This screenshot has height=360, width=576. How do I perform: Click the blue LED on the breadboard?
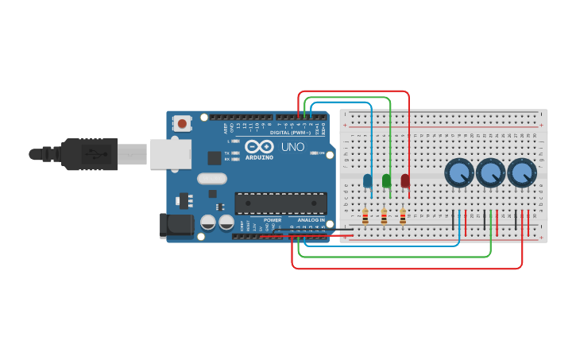point(367,180)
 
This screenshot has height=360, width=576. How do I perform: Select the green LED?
point(387,180)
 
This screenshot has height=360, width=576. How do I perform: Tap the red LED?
point(405,180)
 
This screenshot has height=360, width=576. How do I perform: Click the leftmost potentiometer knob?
point(459,172)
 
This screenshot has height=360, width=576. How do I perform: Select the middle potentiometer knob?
point(491,172)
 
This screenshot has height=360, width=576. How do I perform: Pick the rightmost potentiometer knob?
point(522,172)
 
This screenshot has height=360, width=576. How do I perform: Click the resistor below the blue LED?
point(365,216)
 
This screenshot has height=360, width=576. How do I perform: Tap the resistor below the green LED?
point(385,216)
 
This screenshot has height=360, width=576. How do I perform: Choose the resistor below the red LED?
point(403,216)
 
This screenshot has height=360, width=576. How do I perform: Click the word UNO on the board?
point(292,147)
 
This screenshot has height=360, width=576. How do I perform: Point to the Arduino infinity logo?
point(259,146)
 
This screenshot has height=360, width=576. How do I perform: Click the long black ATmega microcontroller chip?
point(280,203)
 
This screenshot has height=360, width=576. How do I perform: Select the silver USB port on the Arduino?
point(170,154)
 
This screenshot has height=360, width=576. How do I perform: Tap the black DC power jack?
point(176,225)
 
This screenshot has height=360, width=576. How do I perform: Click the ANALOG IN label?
point(311,220)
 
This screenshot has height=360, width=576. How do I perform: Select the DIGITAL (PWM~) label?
point(290,132)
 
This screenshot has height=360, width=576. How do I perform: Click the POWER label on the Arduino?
point(273,220)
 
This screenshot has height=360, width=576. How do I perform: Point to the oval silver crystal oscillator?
point(212,179)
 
